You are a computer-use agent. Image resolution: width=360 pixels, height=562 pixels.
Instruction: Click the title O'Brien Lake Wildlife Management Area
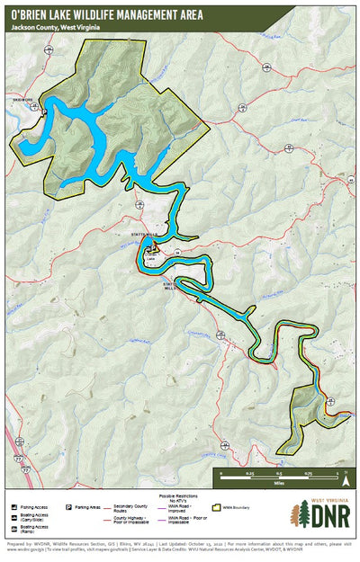coord(106,15)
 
